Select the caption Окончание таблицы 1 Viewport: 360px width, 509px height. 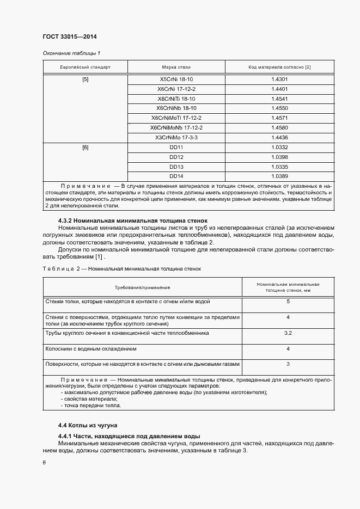[71, 53]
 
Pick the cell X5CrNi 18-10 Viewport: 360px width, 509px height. [176, 79]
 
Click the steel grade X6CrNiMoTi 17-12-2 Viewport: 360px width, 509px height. [176, 118]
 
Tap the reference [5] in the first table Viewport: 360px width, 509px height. [86, 79]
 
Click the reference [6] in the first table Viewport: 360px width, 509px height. [86, 148]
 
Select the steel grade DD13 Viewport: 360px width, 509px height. [176, 167]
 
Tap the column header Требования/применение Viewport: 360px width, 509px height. [142, 287]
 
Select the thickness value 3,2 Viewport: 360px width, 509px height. [288, 333]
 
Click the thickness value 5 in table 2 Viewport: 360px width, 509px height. [288, 301]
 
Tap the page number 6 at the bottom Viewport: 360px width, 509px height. [44, 463]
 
